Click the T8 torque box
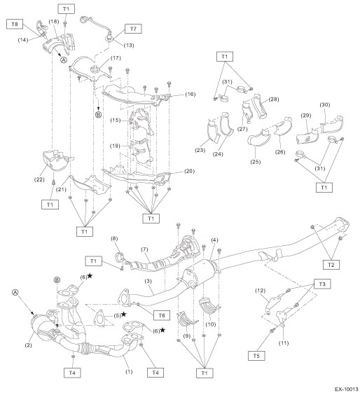pos(15,25)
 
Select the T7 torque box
pos(133,29)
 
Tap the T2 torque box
pos(331,265)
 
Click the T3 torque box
pos(322,284)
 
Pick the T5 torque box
pos(256,356)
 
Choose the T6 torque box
pos(162,315)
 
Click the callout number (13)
pos(129,46)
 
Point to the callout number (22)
pos(39,179)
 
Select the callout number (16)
pos(191,95)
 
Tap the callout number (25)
pos(256,162)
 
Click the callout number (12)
pos(260,291)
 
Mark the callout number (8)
pos(114,239)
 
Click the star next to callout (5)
pos(123,315)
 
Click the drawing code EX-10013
pos(347,389)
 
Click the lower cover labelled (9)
pos(186,319)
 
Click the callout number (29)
pos(306,116)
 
